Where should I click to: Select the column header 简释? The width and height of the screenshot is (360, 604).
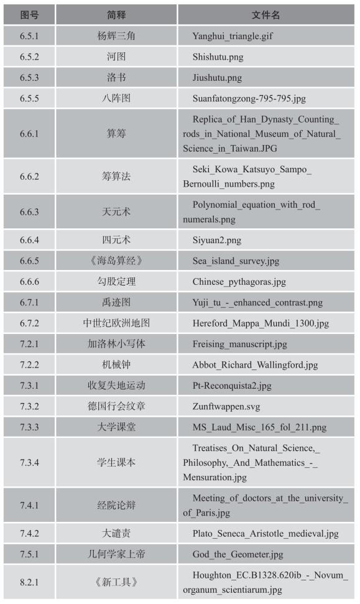(116, 14)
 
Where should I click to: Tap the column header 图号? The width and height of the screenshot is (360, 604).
(29, 14)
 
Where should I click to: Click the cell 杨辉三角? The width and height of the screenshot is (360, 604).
(116, 36)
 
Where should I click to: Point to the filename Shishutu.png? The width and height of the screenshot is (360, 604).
(217, 57)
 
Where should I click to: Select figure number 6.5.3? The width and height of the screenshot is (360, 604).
(29, 78)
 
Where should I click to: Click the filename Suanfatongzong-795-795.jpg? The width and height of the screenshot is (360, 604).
(249, 98)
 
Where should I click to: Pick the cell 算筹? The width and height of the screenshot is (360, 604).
(116, 134)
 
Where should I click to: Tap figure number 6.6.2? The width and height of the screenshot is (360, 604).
(29, 177)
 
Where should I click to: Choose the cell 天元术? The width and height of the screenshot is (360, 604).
(116, 212)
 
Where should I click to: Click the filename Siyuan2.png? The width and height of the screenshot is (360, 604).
(217, 239)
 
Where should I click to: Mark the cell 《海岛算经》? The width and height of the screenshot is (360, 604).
(116, 261)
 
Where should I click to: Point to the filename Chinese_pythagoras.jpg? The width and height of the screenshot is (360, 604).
(239, 282)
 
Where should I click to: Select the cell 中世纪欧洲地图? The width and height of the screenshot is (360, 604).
(116, 323)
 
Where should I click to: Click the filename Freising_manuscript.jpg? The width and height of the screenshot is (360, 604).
(239, 344)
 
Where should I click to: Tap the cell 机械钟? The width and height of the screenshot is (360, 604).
(116, 365)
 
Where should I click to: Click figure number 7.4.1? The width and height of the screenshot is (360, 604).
(29, 505)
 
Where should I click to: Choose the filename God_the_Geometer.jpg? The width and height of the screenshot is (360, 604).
(238, 554)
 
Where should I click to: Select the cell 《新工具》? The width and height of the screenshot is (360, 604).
(116, 583)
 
